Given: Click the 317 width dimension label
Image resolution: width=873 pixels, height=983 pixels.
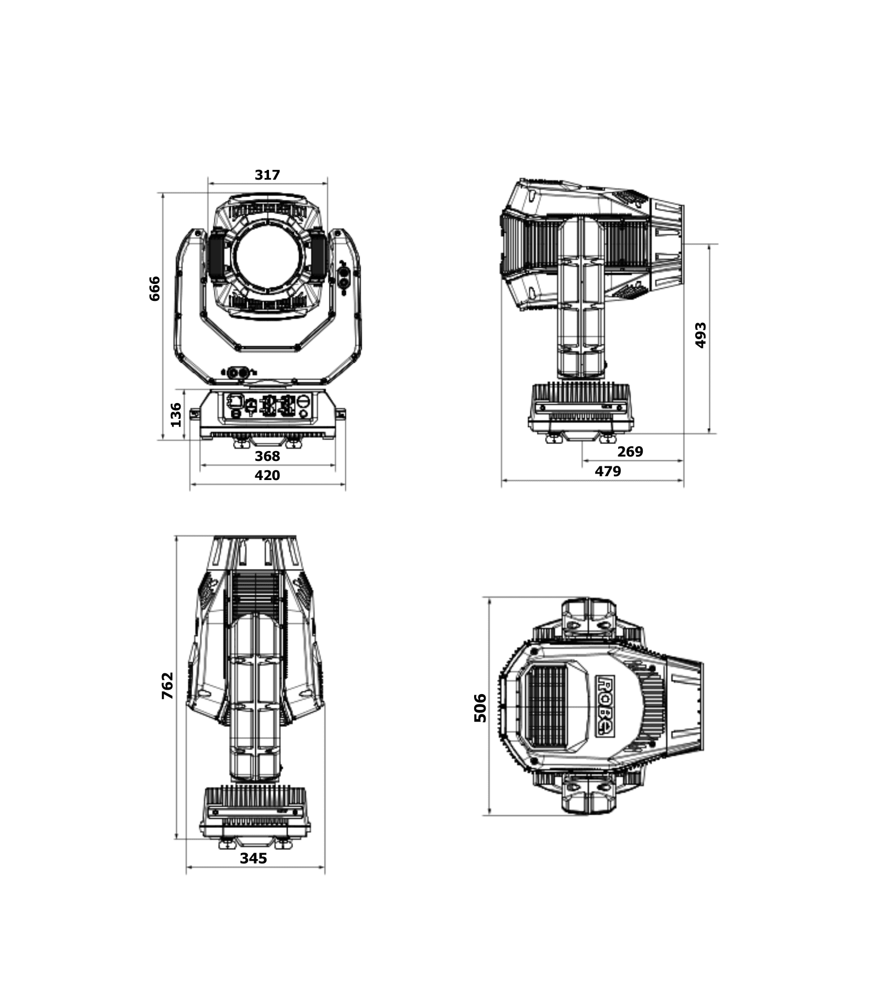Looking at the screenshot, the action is click(x=267, y=175).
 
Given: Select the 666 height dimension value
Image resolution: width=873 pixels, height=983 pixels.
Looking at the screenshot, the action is click(x=155, y=288).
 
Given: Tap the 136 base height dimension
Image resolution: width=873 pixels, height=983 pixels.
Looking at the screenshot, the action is click(x=176, y=414).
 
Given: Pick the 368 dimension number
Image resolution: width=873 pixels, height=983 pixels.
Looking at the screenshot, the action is click(x=267, y=456).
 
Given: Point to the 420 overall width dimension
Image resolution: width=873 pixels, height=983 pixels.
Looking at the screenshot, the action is click(x=267, y=475).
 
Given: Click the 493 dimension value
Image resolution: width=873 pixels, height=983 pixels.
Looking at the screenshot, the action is click(x=701, y=335).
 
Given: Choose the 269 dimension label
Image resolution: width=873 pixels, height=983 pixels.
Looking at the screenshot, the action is click(x=630, y=452).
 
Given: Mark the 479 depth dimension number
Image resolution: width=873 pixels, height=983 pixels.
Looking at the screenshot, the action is click(x=608, y=471).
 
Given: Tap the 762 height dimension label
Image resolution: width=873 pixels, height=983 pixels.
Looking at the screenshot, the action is click(x=167, y=686).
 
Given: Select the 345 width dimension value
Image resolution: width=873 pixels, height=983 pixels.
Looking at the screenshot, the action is click(x=254, y=858).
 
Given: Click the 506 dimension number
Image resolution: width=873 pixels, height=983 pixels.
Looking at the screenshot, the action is click(x=480, y=708).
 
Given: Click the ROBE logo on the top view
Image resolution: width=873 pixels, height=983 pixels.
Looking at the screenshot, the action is click(x=605, y=706).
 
